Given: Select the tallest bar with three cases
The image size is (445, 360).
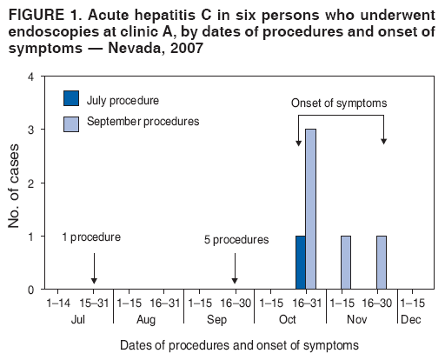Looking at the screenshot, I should (310, 209).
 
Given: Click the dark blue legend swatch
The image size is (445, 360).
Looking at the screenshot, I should (71, 99).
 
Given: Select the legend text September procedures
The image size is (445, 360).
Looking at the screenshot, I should (143, 121).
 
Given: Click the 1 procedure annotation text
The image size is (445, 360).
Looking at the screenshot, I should (91, 237).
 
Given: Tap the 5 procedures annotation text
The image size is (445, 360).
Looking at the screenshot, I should (236, 239).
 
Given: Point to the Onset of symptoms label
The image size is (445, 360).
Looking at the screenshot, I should (339, 103).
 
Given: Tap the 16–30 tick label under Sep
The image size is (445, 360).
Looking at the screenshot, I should (236, 303).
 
